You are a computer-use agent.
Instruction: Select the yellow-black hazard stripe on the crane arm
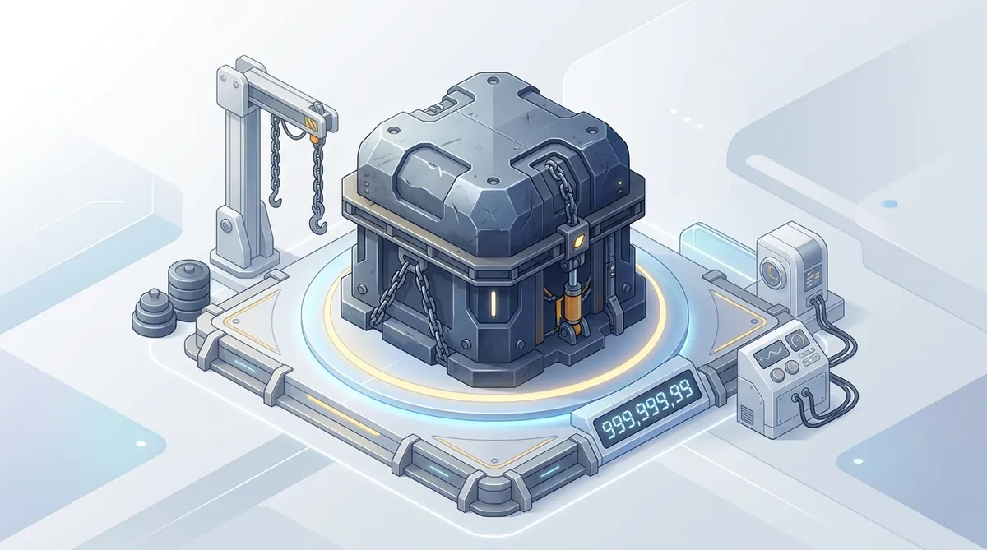(x=312, y=124)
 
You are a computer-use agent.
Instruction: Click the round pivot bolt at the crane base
(x=226, y=226)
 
